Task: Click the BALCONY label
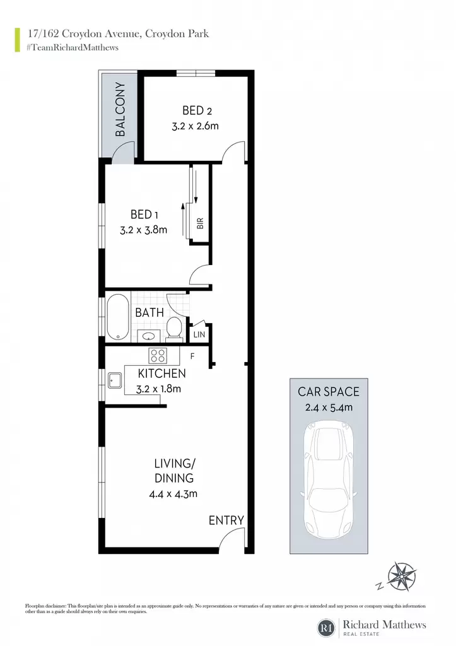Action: [x=120, y=109]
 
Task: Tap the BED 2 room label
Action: [x=197, y=110]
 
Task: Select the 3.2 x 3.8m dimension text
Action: [x=143, y=230]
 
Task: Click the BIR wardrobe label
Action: [x=200, y=223]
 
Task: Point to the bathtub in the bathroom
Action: [x=118, y=317]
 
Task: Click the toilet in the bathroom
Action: [x=175, y=329]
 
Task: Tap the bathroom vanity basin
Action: [x=148, y=336]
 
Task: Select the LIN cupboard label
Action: [x=199, y=334]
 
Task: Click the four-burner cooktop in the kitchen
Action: [x=157, y=355]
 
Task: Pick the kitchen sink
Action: [x=115, y=380]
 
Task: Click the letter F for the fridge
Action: [x=192, y=356]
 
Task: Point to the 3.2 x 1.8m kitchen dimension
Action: [x=158, y=389]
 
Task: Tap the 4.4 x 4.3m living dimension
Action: [x=173, y=493]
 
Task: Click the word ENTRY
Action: [x=226, y=520]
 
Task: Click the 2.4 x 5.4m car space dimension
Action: [x=329, y=408]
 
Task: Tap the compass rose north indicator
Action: [x=401, y=576]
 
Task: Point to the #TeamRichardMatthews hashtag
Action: [x=73, y=47]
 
